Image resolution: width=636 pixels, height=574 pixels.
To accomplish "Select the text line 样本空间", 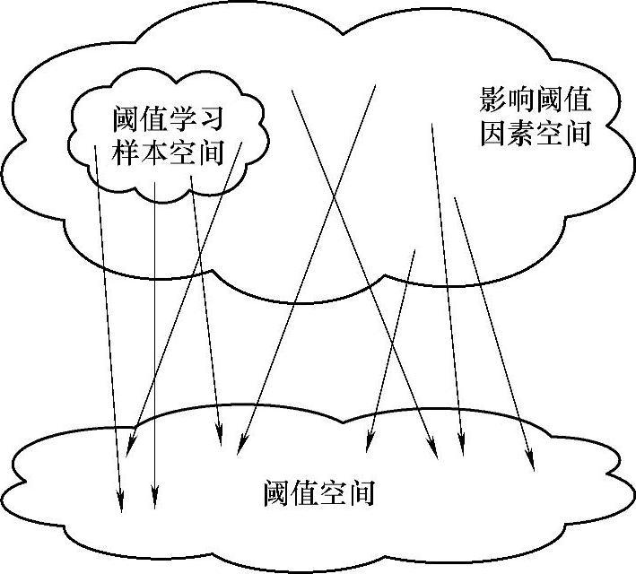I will pos(167,152).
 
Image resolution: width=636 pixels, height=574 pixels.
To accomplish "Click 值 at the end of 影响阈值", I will pos(579,100).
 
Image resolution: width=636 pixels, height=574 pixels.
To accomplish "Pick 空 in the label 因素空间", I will pos(551,134).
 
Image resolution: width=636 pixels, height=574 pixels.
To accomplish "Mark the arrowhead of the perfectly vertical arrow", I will pos(154,502).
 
